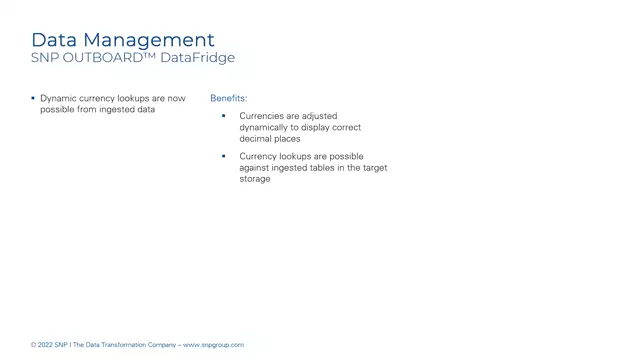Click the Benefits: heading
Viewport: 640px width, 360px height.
coord(228,99)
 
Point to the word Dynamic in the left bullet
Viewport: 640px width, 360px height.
coord(57,99)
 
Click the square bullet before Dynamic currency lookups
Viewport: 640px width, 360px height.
coord(32,98)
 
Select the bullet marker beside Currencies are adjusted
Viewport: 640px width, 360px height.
coord(224,116)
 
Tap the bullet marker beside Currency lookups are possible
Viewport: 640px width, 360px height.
coord(224,156)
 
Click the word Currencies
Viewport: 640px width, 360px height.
coord(262,116)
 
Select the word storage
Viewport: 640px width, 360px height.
coord(255,179)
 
